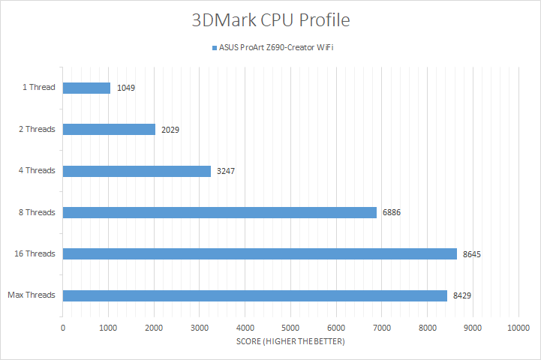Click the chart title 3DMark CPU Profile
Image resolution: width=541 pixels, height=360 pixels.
(270, 20)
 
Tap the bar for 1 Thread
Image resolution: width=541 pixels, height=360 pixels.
(86, 88)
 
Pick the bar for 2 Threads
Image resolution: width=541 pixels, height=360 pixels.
(109, 129)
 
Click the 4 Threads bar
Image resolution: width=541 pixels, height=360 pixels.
(137, 171)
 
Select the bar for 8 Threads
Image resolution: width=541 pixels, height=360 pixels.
(219, 212)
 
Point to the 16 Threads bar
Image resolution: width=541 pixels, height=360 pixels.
(260, 253)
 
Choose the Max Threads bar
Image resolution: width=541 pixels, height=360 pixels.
(254, 295)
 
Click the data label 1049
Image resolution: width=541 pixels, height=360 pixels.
(125, 88)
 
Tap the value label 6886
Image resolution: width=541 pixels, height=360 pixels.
(391, 212)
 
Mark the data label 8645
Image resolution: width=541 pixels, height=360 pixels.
(471, 254)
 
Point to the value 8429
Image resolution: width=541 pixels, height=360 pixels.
(461, 295)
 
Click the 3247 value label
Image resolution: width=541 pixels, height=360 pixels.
(226, 171)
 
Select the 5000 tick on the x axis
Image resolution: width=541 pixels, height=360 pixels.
(290, 327)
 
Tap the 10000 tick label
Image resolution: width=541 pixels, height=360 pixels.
(518, 327)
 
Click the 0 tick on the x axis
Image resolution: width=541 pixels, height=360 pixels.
(63, 327)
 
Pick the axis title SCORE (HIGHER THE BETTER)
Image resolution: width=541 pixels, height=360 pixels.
(290, 342)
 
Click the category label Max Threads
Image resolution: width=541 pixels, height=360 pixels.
(31, 295)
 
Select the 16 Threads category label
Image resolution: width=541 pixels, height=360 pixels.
(35, 253)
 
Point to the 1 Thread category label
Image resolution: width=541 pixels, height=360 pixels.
(39, 88)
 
